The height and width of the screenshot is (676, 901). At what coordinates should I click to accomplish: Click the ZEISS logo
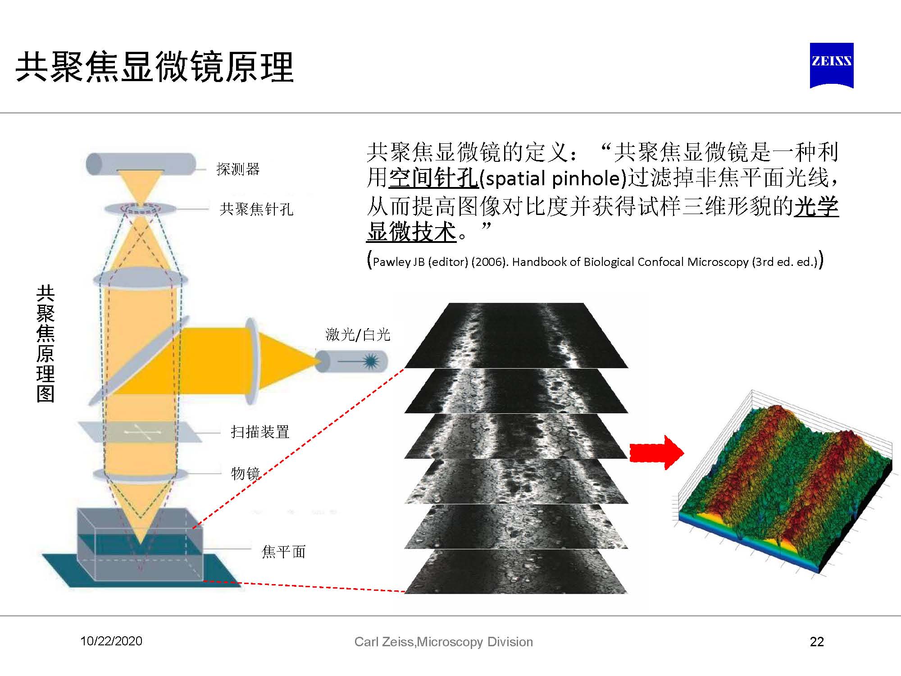tap(832, 65)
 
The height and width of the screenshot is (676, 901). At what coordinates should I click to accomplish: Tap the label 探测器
tap(238, 169)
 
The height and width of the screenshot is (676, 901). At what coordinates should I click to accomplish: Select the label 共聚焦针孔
tap(256, 209)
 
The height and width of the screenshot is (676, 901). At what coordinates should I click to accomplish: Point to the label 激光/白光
tap(358, 334)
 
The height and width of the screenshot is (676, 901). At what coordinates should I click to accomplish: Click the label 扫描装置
tap(260, 432)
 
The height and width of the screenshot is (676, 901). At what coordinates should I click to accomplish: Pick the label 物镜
tap(246, 473)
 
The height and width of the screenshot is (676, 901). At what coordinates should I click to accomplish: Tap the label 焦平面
tap(283, 552)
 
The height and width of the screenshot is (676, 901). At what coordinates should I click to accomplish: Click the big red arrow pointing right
tap(656, 452)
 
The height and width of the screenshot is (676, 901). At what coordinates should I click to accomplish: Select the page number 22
tap(817, 642)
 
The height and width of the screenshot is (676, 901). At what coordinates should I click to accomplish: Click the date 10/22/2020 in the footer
tap(111, 641)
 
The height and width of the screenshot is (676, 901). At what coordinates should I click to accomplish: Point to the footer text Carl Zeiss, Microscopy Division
tap(443, 642)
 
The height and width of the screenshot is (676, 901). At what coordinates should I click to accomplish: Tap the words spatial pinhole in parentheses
tap(553, 179)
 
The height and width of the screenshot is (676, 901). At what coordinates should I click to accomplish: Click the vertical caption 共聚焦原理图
tap(46, 343)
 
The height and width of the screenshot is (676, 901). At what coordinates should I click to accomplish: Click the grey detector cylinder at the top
tap(141, 164)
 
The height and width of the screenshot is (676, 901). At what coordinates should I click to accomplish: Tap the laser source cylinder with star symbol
tap(351, 361)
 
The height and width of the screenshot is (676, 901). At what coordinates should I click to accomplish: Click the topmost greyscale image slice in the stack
tap(516, 335)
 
